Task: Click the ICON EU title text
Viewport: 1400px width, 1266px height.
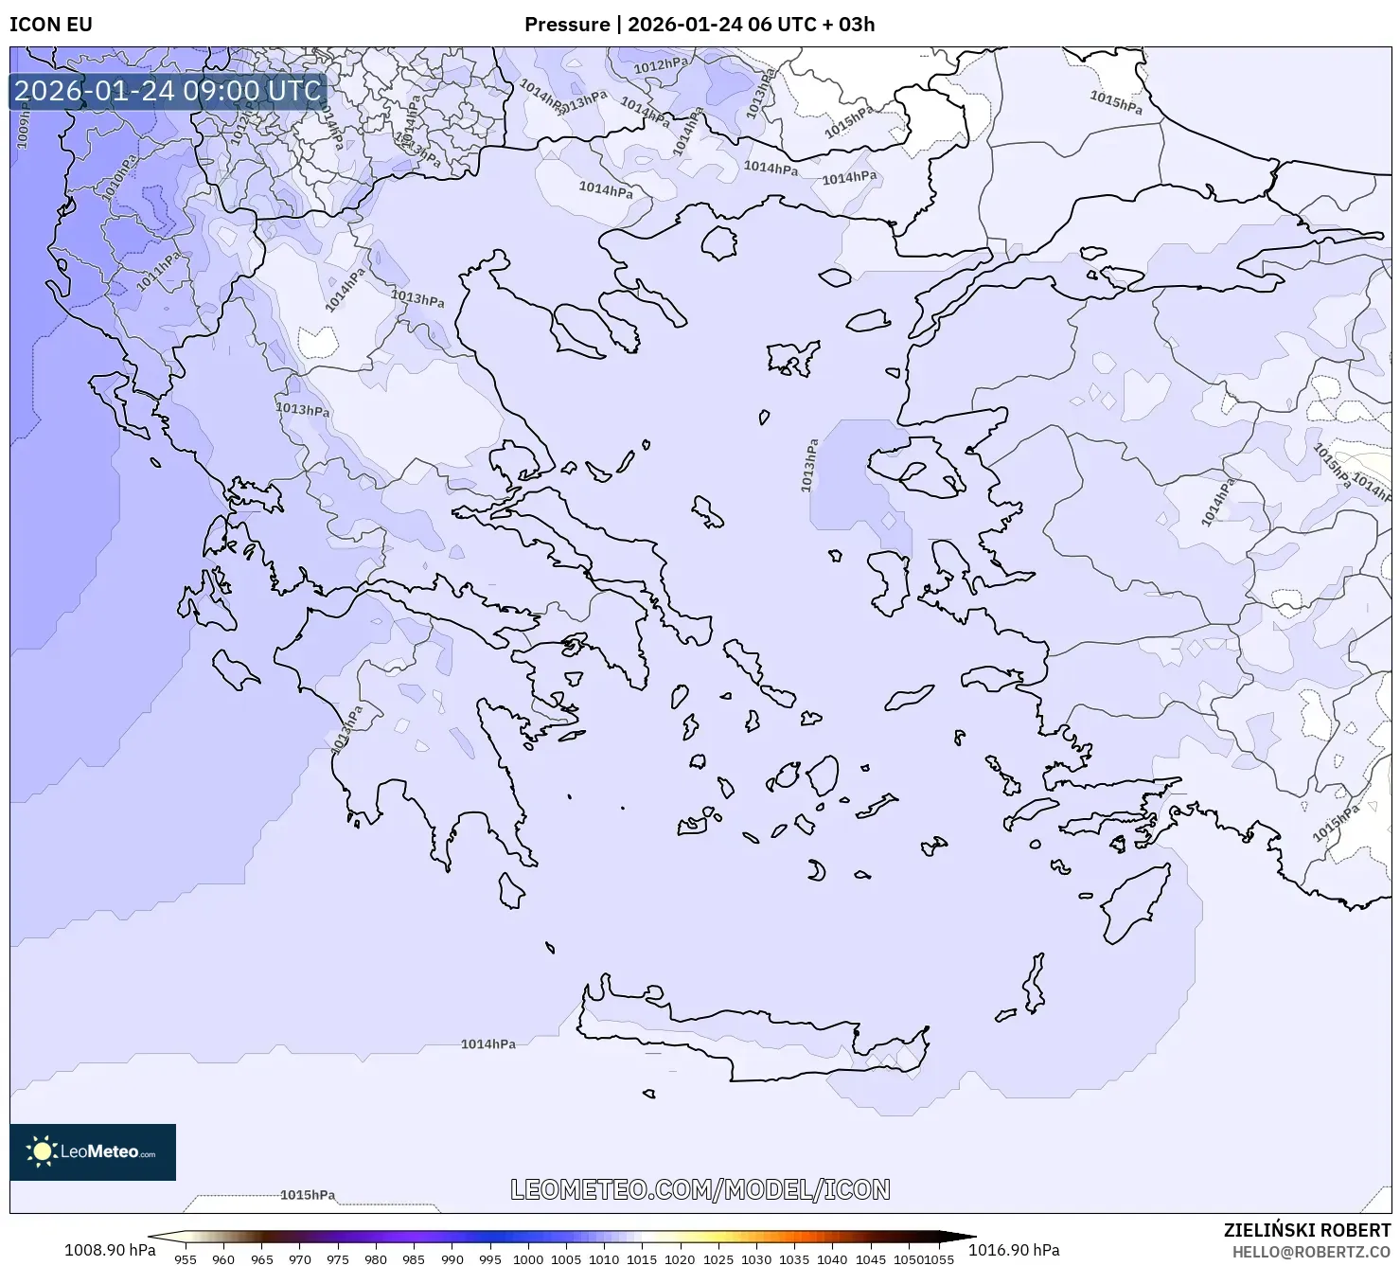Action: point(51,25)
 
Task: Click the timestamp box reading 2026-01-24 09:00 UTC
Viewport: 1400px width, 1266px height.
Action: point(168,91)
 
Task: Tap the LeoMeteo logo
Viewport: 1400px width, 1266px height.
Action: point(93,1152)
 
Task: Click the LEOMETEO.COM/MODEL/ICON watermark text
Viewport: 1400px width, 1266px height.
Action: point(700,1190)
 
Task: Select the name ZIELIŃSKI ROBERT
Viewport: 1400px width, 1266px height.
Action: point(1307,1231)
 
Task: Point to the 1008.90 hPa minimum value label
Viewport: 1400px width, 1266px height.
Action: point(110,1250)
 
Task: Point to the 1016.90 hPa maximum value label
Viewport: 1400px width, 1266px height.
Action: point(1014,1250)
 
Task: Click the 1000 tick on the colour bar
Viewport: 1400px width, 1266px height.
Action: point(527,1259)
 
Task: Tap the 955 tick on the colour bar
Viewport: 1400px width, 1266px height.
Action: point(186,1259)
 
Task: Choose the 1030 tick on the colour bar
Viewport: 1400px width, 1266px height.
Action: point(755,1259)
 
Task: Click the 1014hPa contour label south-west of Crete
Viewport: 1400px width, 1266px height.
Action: point(488,1044)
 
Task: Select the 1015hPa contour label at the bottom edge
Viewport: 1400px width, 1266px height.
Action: point(308,1195)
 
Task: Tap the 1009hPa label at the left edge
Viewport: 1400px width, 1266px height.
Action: point(24,128)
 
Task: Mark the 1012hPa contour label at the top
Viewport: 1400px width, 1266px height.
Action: point(661,65)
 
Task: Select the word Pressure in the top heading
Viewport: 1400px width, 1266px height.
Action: point(567,25)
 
